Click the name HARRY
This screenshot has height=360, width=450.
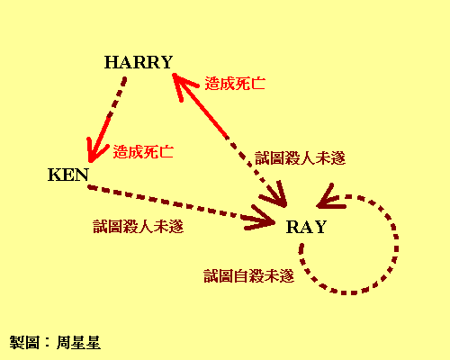(139, 62)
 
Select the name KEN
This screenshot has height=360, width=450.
(68, 175)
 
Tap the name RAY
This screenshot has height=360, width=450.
(306, 227)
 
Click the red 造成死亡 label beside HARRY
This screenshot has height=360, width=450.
(235, 84)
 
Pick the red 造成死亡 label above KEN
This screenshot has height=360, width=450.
(143, 152)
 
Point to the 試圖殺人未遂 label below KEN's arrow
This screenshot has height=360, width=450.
(139, 227)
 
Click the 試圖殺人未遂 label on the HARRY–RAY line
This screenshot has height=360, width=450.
(301, 158)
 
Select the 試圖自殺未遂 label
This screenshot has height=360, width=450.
(249, 276)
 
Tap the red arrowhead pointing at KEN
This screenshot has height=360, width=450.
(95, 151)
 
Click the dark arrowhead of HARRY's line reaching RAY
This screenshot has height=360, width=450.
(275, 195)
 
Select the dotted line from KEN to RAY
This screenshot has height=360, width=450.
(181, 205)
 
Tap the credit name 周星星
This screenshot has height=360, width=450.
(78, 343)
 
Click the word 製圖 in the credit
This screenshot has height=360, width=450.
(24, 343)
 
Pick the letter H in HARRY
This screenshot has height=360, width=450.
(111, 62)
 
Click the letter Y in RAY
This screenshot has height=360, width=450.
(319, 227)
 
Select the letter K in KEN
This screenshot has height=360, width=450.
(55, 175)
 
